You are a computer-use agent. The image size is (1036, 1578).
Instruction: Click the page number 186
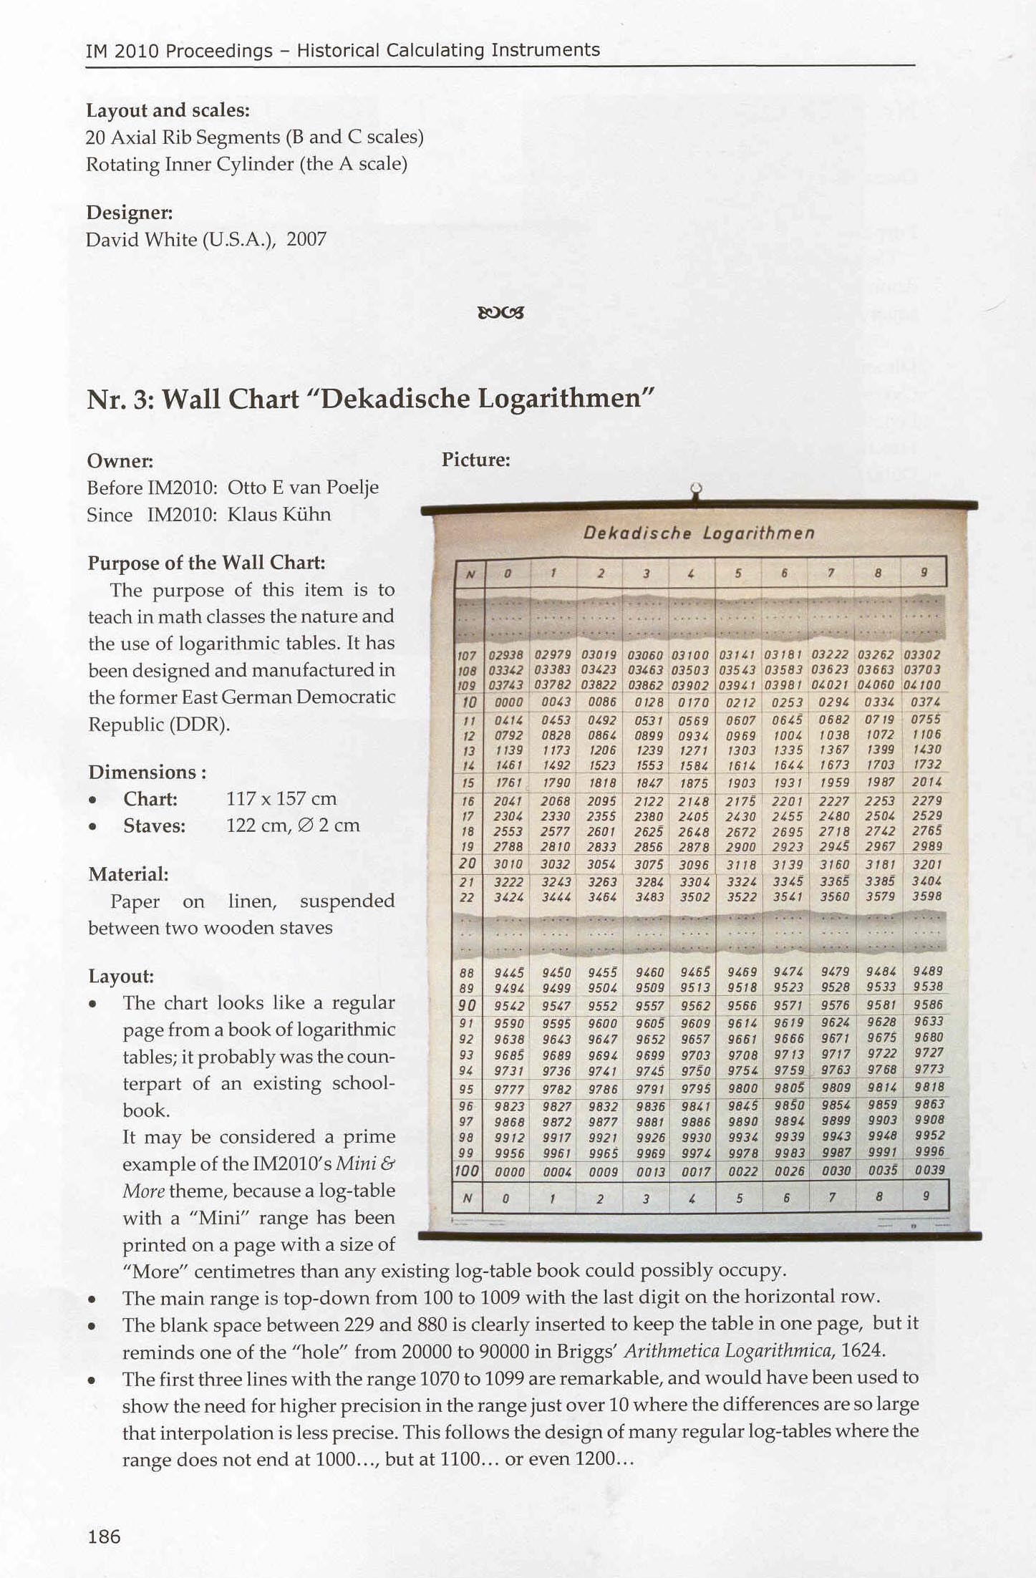(x=104, y=1536)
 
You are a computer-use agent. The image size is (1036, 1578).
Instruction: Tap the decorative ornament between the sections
(x=500, y=312)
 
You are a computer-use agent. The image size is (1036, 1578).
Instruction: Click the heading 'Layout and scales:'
(x=168, y=110)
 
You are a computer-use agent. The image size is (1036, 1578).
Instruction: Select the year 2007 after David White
(x=306, y=239)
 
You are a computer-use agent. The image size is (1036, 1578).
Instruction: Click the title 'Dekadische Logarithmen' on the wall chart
(x=699, y=533)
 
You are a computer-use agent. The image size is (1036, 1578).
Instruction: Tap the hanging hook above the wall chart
(x=694, y=491)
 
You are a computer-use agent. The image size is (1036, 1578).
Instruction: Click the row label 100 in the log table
(x=466, y=1171)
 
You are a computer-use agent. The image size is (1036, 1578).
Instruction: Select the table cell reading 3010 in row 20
(x=508, y=864)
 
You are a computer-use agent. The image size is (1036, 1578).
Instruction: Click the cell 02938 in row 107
(x=505, y=654)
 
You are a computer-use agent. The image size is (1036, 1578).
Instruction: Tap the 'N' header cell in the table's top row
(x=470, y=574)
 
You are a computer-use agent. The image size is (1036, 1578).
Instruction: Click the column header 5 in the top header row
(x=737, y=573)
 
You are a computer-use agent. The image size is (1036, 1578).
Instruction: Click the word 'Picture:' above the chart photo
(x=475, y=460)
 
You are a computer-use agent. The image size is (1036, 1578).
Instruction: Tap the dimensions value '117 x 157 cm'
(x=281, y=798)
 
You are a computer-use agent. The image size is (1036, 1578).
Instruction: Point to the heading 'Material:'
(x=128, y=873)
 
